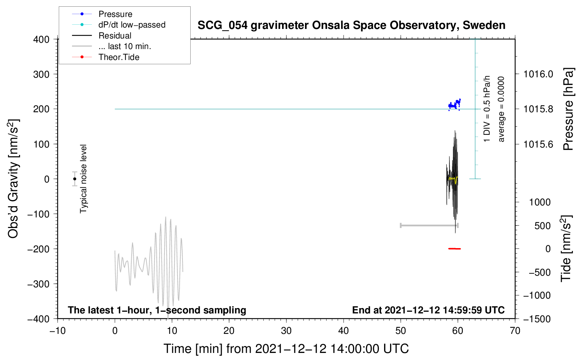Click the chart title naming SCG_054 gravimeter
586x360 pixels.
(351, 25)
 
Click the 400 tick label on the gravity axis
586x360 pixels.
(41, 40)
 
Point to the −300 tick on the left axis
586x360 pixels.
(38, 284)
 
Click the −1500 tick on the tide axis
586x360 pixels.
(537, 319)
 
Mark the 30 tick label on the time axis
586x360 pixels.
(286, 331)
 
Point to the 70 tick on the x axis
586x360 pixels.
(515, 331)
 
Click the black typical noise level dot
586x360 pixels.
(74, 179)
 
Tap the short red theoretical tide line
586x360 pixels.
(454, 249)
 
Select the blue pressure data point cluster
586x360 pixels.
(454, 105)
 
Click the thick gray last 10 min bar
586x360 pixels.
(429, 226)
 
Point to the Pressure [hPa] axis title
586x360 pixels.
(568, 109)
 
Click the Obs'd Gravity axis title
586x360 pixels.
(13, 179)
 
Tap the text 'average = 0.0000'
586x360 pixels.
(501, 109)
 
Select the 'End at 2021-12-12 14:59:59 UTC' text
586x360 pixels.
(428, 310)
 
